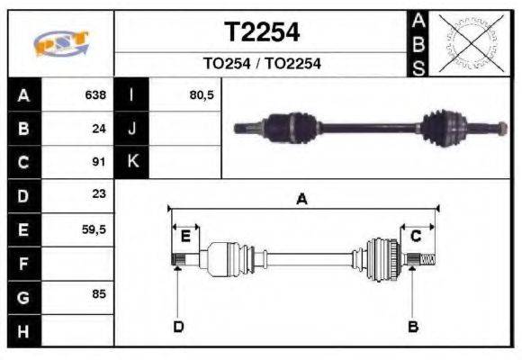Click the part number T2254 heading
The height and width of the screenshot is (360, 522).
(x=261, y=32)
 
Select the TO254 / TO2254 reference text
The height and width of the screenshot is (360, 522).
(x=261, y=64)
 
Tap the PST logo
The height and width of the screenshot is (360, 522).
(x=60, y=43)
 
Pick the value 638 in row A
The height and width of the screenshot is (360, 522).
(x=94, y=94)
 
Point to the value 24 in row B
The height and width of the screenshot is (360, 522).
(x=99, y=129)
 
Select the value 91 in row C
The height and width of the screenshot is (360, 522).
(x=99, y=162)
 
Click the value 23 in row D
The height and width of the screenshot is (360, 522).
(x=99, y=194)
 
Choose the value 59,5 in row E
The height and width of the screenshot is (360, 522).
(x=94, y=229)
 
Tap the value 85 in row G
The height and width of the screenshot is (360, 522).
(x=99, y=295)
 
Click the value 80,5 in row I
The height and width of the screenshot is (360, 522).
(x=202, y=94)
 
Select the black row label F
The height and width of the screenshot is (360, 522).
(x=23, y=263)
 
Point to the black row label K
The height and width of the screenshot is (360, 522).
(x=131, y=162)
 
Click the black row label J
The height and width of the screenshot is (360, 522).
(x=131, y=129)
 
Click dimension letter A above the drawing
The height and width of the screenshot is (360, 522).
(x=301, y=199)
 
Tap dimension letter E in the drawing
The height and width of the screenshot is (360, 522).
(x=185, y=237)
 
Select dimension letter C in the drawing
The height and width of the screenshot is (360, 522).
(x=416, y=236)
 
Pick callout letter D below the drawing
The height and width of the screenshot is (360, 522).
(x=177, y=326)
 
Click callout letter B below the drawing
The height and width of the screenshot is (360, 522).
(x=413, y=326)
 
